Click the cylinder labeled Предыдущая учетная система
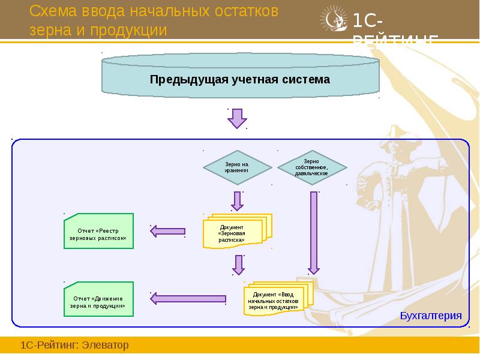pyautogui.click(x=240, y=79)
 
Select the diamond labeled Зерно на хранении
pyautogui.click(x=236, y=167)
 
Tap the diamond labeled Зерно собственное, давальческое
pyautogui.click(x=311, y=167)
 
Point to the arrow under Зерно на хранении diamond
pyautogui.click(x=238, y=201)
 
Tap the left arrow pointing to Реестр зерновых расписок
pyautogui.click(x=167, y=231)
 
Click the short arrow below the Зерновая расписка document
pyautogui.click(x=239, y=265)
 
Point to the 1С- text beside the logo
pyautogui.click(x=364, y=22)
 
